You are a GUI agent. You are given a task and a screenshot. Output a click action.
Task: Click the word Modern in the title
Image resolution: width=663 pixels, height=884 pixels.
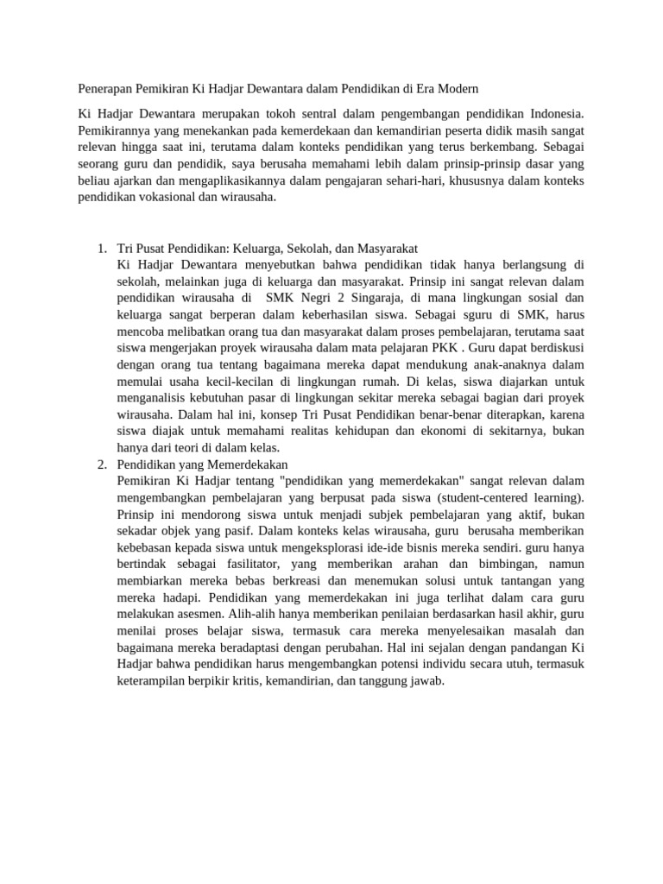point(457,89)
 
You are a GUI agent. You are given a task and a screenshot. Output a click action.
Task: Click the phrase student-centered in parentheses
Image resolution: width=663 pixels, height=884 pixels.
point(484,498)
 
